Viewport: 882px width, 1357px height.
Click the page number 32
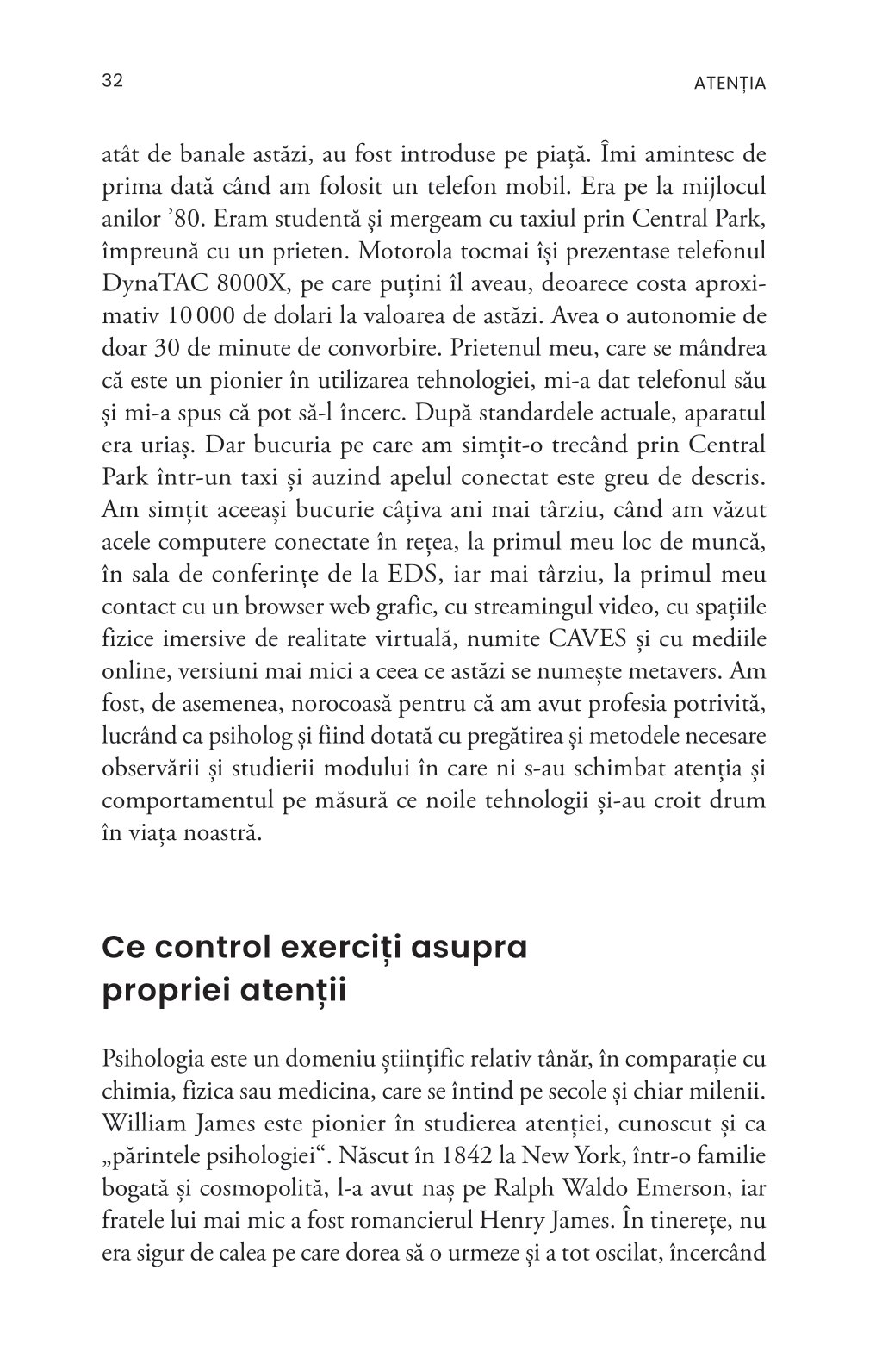pos(113,81)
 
